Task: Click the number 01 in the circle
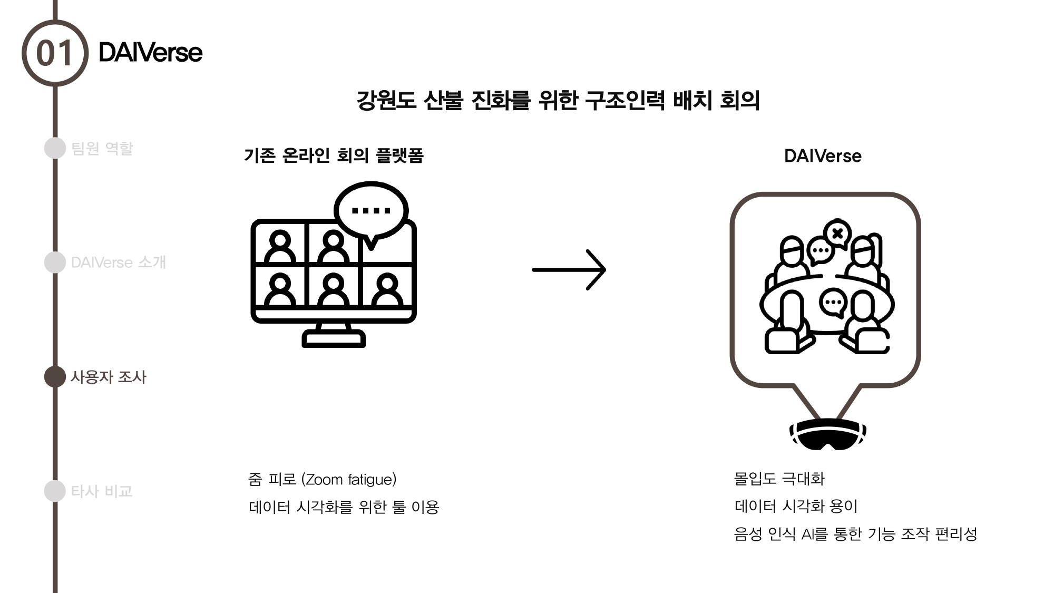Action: [54, 53]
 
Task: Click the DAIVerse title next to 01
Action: [150, 53]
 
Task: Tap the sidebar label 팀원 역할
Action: [102, 149]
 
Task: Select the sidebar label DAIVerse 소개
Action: [119, 263]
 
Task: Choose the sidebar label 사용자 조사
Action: [109, 377]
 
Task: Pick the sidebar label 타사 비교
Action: [102, 491]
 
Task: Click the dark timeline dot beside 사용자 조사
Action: [55, 376]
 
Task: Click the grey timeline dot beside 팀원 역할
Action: [55, 148]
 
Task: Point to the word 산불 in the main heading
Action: [443, 100]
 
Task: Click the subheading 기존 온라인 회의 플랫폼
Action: [334, 155]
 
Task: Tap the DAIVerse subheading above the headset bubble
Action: [823, 156]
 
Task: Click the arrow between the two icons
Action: [569, 269]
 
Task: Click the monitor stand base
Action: [334, 339]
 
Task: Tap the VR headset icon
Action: [827, 434]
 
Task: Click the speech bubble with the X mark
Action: [837, 233]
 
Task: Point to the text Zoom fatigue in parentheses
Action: [349, 480]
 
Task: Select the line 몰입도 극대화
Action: [779, 479]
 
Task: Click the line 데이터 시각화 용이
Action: [796, 507]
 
